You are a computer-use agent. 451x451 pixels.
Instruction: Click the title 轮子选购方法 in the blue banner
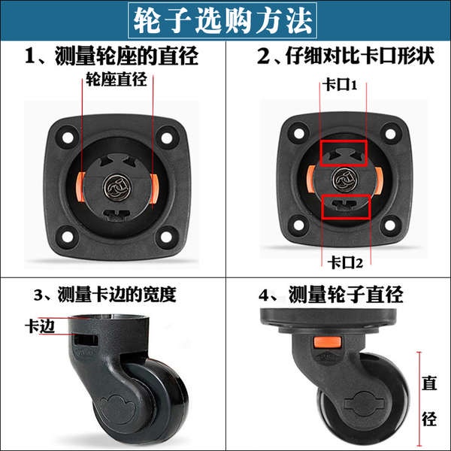tap(222, 20)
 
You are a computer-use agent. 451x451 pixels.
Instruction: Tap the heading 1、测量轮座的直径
tap(111, 56)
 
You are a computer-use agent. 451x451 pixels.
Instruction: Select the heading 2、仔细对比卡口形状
tap(346, 56)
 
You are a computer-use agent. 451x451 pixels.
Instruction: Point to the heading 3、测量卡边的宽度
tap(105, 294)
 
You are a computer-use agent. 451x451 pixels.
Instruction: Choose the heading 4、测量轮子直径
tap(331, 294)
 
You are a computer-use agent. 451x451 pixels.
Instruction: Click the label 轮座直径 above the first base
tap(117, 78)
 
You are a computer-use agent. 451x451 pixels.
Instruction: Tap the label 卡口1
tap(340, 85)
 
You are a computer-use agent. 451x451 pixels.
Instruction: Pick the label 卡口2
tap(345, 262)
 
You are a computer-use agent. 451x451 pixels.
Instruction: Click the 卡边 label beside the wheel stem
tap(40, 326)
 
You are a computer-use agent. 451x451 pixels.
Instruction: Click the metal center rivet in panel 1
tap(117, 187)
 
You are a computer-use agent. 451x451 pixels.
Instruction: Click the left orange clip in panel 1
tap(80, 186)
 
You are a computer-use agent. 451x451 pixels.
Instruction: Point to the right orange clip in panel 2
tap(378, 181)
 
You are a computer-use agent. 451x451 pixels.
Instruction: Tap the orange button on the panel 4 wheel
tap(327, 342)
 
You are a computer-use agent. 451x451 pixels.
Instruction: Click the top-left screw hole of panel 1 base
tap(68, 138)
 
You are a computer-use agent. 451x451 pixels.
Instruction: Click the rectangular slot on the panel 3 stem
tap(86, 340)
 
